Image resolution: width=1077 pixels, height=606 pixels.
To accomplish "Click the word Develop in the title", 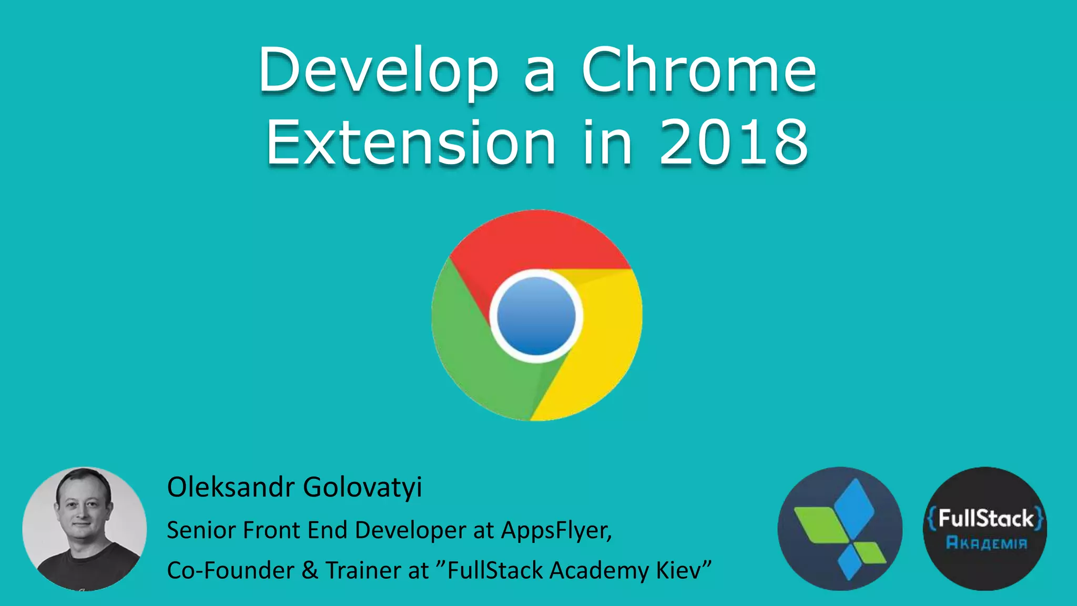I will (378, 71).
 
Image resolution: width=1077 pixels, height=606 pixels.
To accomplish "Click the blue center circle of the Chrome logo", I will (536, 316).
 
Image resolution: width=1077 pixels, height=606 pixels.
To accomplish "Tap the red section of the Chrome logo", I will (536, 239).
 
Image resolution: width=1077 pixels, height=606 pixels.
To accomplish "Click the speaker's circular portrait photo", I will (85, 529).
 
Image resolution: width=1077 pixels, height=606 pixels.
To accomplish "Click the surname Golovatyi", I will (363, 487).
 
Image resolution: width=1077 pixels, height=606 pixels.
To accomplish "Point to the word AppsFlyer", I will (556, 530).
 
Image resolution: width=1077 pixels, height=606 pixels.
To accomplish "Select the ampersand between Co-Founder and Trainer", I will (310, 570).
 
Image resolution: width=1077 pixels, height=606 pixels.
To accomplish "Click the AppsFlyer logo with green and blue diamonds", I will (840, 529).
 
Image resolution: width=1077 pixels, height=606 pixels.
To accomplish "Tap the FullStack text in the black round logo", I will (985, 519).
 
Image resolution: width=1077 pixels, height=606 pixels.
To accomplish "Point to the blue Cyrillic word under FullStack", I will (986, 543).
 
